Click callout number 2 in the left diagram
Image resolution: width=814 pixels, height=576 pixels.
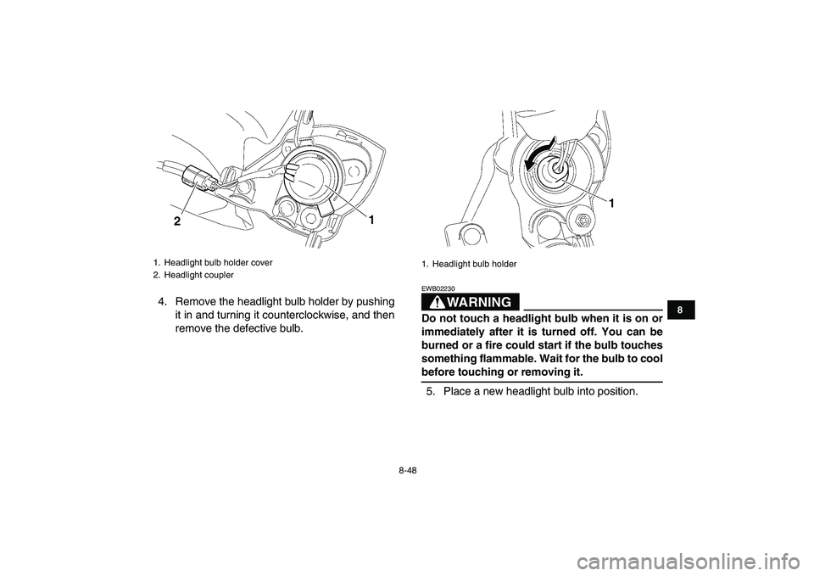[177, 221]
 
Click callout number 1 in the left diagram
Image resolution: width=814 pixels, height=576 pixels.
[371, 221]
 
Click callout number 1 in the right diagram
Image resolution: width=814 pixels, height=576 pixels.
[611, 204]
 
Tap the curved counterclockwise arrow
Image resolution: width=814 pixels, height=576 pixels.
[538, 154]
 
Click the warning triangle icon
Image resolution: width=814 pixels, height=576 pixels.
[444, 302]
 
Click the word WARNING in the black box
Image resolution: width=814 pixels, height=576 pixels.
[482, 302]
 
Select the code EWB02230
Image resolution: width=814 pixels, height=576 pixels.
[438, 288]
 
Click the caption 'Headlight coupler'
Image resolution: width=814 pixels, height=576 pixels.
[198, 275]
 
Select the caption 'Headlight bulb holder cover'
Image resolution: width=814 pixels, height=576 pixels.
[218, 263]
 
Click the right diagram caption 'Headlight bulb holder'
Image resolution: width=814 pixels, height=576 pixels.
[475, 264]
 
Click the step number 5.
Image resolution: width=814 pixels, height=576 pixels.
[431, 391]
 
